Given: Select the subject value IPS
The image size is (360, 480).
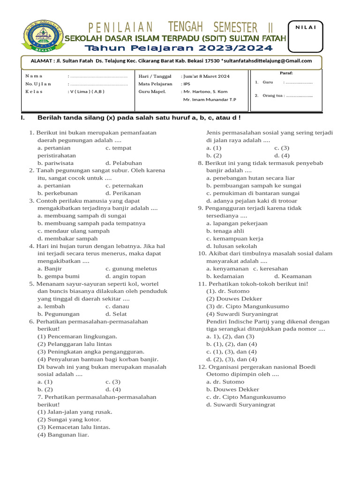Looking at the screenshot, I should [x=186, y=83].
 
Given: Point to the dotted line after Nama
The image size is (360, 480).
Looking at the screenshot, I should [x=97, y=76].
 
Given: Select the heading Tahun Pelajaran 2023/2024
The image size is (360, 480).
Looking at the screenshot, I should [x=179, y=48].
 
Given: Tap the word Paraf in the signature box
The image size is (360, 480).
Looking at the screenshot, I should [x=286, y=73].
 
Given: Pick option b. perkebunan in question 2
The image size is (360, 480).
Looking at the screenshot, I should [x=58, y=193].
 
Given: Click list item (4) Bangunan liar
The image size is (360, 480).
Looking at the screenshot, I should [x=63, y=435].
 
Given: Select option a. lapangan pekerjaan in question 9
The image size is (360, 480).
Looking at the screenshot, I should [x=237, y=223].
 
